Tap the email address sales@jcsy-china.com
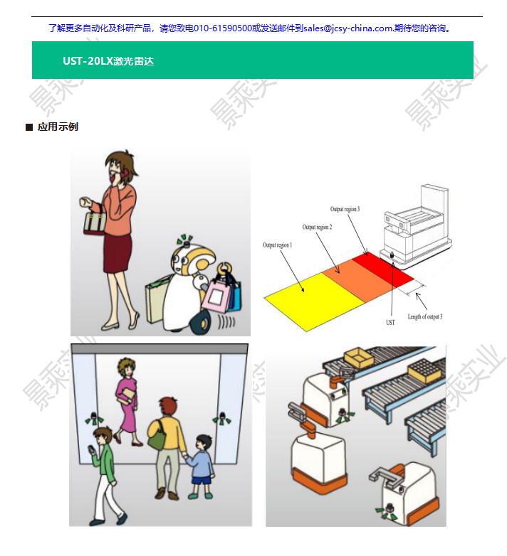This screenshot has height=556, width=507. (348, 28)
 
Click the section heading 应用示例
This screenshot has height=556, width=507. (58, 127)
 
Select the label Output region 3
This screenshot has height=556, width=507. (345, 210)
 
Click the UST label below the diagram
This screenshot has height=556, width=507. (390, 323)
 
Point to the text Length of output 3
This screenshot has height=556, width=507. (425, 316)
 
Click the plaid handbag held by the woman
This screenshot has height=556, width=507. (94, 223)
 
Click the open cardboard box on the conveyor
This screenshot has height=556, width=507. (358, 356)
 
